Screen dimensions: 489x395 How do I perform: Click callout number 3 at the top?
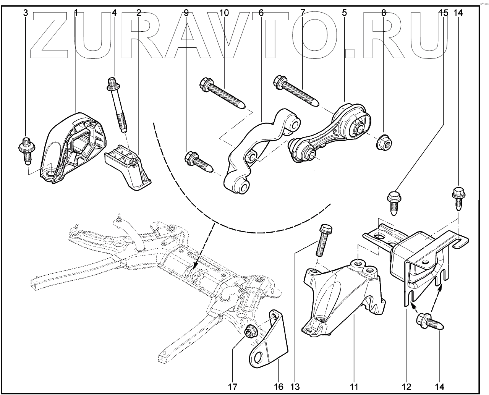click(x=26, y=13)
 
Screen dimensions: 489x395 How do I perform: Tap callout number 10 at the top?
click(x=224, y=13)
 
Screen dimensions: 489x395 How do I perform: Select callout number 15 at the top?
click(x=443, y=13)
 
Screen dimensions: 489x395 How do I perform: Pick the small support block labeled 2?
click(x=130, y=168)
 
